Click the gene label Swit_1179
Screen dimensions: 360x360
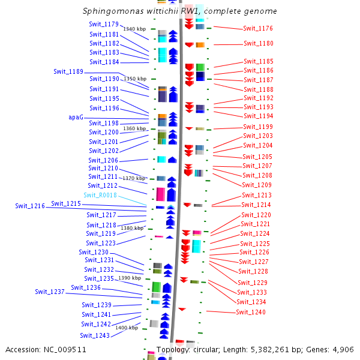(104, 24)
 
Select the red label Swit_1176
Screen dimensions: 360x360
(258, 28)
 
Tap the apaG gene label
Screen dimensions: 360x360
(76, 118)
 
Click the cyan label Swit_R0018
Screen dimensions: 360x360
(100, 195)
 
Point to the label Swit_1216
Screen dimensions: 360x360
(30, 206)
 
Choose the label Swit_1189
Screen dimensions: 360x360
(68, 71)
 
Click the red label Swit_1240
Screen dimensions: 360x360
(250, 312)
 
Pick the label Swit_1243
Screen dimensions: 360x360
(95, 335)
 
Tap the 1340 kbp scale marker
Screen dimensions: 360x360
(134, 29)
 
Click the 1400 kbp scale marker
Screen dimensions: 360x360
(127, 328)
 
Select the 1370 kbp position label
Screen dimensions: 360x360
(134, 178)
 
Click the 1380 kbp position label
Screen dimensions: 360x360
(131, 228)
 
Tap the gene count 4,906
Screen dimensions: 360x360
(343, 349)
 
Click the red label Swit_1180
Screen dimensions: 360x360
(258, 43)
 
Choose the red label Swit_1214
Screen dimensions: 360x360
(256, 205)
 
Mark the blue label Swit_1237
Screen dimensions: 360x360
(50, 292)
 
